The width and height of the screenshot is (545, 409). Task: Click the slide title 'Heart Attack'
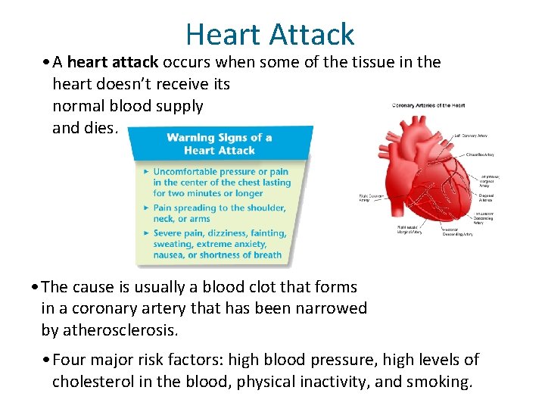(269, 34)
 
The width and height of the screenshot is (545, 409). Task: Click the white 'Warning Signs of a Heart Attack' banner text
(220, 144)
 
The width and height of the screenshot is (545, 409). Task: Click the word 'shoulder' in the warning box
(264, 208)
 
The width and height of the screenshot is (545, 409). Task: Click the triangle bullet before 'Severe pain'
(146, 233)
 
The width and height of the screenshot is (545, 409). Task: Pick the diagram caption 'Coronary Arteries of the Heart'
(428, 105)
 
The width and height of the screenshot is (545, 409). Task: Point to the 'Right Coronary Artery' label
(372, 198)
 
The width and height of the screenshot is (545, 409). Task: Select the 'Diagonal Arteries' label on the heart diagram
(488, 197)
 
